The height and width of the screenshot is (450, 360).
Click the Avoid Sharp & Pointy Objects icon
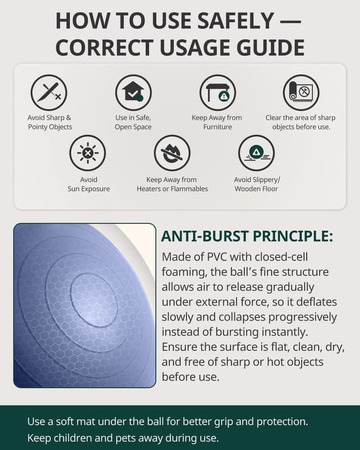tap(49, 92)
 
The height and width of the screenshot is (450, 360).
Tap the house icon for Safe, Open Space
tap(133, 92)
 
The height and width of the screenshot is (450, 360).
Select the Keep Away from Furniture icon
tap(218, 92)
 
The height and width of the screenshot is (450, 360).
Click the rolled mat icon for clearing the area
tap(301, 92)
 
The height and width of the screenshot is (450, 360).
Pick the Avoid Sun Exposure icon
tap(88, 153)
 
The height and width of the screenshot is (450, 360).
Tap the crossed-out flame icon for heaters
tap(172, 153)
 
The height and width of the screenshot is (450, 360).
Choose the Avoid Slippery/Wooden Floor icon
tap(256, 153)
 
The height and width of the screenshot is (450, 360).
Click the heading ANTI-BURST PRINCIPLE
tap(247, 235)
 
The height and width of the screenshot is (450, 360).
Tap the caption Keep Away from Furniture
tap(217, 122)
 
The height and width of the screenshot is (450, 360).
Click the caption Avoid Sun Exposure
tap(88, 184)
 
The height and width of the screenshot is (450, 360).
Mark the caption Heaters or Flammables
tap(172, 189)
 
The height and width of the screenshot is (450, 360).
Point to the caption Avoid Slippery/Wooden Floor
tap(256, 184)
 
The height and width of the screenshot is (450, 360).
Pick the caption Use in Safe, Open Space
tap(133, 122)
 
